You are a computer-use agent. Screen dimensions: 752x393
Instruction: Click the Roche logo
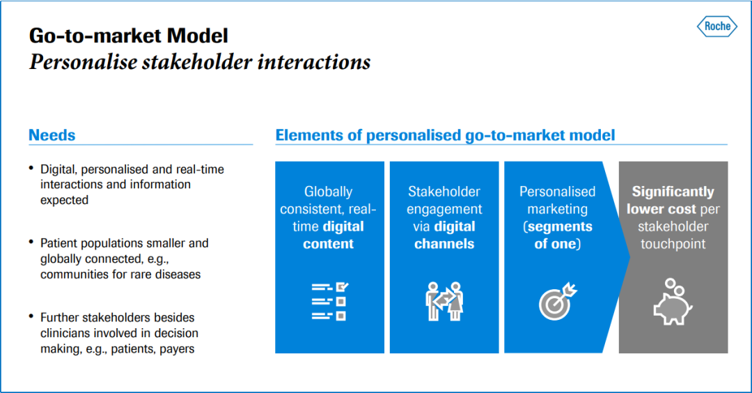point(717,26)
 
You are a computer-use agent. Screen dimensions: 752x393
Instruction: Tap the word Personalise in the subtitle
point(83,62)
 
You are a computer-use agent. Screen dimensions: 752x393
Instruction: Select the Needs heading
point(52,135)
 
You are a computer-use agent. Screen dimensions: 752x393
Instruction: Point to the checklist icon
point(329,301)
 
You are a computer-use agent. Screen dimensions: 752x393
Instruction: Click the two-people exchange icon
point(444,301)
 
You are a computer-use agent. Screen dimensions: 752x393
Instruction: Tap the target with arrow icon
point(558,301)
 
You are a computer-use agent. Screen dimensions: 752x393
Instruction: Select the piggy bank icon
point(673,302)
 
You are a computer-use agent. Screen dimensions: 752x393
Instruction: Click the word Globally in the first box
point(329,192)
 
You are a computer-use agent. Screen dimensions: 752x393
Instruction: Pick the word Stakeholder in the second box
point(444,192)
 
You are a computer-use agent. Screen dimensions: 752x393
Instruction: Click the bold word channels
point(444,244)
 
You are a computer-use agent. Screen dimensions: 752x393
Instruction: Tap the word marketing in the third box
point(557,209)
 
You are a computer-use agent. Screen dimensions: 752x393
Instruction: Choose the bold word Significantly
point(673,192)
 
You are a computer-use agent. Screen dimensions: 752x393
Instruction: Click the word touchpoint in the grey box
point(673,244)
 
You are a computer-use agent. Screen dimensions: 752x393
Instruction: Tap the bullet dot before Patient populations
point(31,242)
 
